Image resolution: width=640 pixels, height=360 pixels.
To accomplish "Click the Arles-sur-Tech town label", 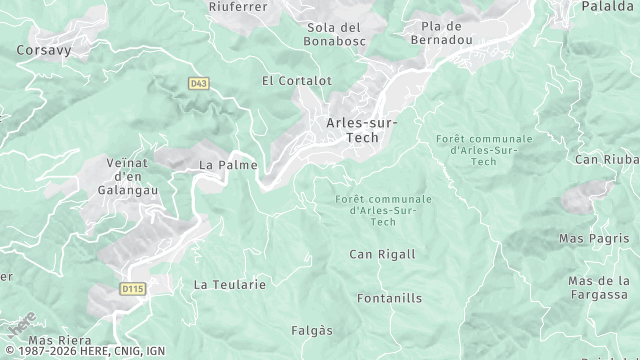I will point(361,130).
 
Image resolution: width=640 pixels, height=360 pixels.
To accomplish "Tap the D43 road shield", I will point(197,83).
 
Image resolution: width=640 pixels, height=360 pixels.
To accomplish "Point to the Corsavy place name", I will point(42,48).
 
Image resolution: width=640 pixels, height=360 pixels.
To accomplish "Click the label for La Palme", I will point(228,164).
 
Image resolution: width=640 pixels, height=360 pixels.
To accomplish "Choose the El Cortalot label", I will point(296,80).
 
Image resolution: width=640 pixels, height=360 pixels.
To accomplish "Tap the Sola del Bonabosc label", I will point(334,34).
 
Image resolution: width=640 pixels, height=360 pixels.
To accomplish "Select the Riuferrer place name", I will point(238,7).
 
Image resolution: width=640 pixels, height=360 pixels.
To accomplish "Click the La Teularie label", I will point(230,284).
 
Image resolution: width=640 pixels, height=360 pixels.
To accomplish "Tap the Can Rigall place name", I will point(382,254).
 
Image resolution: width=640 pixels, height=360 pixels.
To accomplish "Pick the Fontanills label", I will point(390,298).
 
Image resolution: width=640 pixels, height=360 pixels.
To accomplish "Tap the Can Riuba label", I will point(606,159).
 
